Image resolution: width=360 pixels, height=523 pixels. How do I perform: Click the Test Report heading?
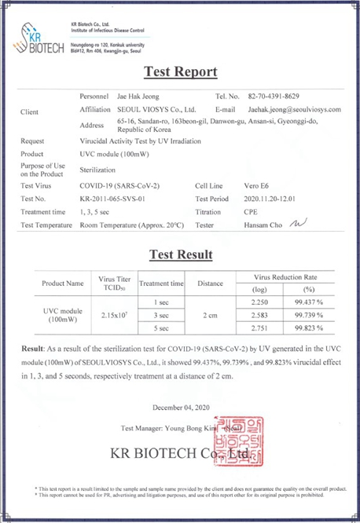point(180,72)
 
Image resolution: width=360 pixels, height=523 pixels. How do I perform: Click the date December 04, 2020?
point(180,407)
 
